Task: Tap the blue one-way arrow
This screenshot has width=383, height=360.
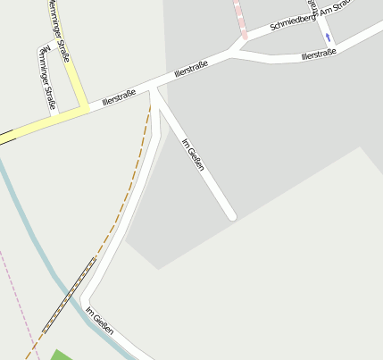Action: (x=328, y=38)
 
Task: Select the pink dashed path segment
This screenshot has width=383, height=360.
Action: (x=240, y=18)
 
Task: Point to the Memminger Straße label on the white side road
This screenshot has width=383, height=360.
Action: (x=46, y=78)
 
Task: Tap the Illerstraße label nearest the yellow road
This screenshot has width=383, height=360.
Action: (x=119, y=93)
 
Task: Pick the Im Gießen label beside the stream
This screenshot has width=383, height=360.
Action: (x=100, y=322)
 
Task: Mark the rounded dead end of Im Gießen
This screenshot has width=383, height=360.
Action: (x=231, y=215)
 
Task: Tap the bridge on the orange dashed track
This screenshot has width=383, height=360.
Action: (x=69, y=294)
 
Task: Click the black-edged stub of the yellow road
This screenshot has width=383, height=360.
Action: (x=7, y=137)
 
